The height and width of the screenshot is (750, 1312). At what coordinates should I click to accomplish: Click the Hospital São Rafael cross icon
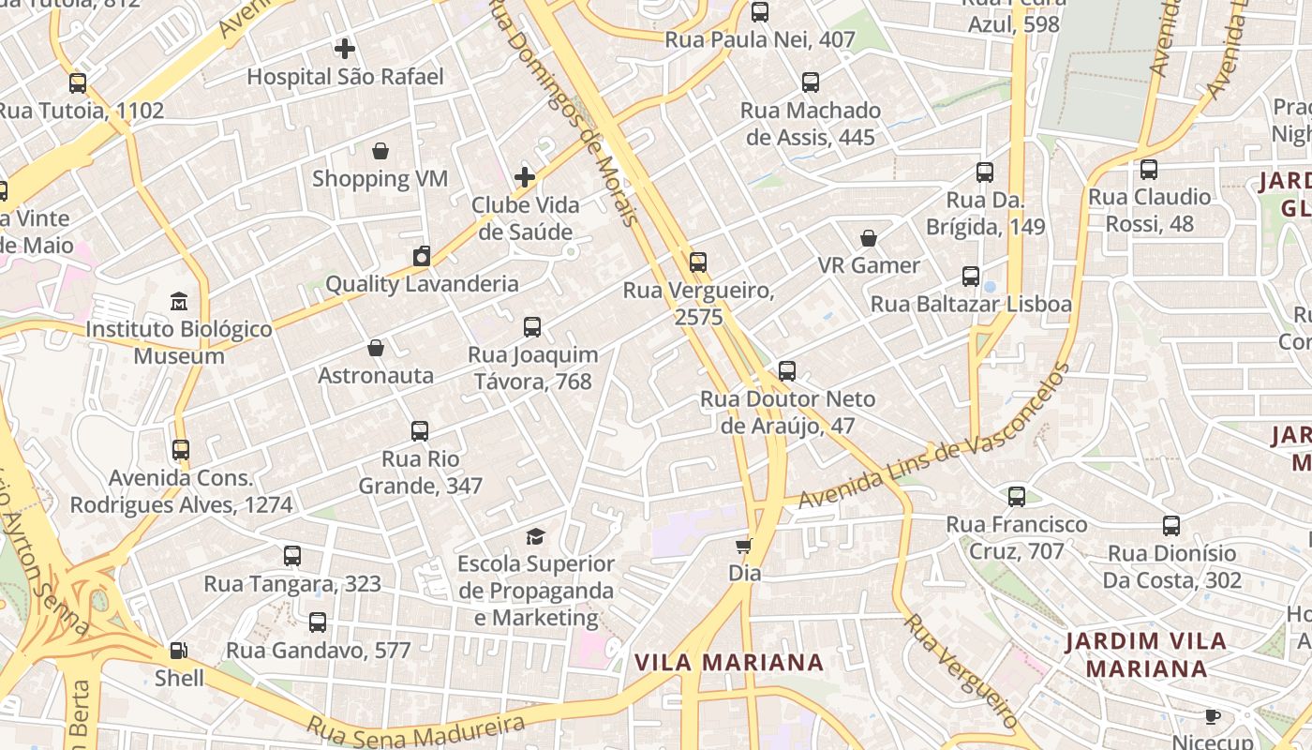[345, 48]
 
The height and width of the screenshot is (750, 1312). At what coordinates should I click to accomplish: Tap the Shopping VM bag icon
[380, 151]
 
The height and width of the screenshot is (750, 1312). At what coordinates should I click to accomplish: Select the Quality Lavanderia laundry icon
[422, 256]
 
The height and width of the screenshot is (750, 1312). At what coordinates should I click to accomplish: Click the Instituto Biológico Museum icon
[178, 301]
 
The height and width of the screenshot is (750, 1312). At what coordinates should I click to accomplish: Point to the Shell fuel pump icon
[178, 650]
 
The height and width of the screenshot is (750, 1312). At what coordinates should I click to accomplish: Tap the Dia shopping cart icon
[744, 545]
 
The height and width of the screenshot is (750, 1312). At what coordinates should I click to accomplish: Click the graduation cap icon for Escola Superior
[535, 536]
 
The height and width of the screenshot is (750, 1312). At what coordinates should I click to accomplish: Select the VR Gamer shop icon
[869, 238]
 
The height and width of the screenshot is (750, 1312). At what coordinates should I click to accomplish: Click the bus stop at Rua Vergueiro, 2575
[698, 262]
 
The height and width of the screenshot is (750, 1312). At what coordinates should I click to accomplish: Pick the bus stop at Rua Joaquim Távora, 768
[532, 327]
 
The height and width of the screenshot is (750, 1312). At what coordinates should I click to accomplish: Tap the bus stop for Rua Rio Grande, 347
[420, 431]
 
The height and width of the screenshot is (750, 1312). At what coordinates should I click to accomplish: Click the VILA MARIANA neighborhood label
[729, 663]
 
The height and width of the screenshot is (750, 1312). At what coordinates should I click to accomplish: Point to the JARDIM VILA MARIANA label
[1146, 654]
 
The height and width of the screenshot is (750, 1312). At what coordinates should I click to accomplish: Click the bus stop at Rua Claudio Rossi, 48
[1149, 170]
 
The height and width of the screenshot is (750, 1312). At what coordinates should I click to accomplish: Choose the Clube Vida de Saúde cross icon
[525, 176]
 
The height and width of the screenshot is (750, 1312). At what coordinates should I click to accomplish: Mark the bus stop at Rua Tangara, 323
[292, 556]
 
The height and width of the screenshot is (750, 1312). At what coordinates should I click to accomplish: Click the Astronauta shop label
[376, 375]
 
